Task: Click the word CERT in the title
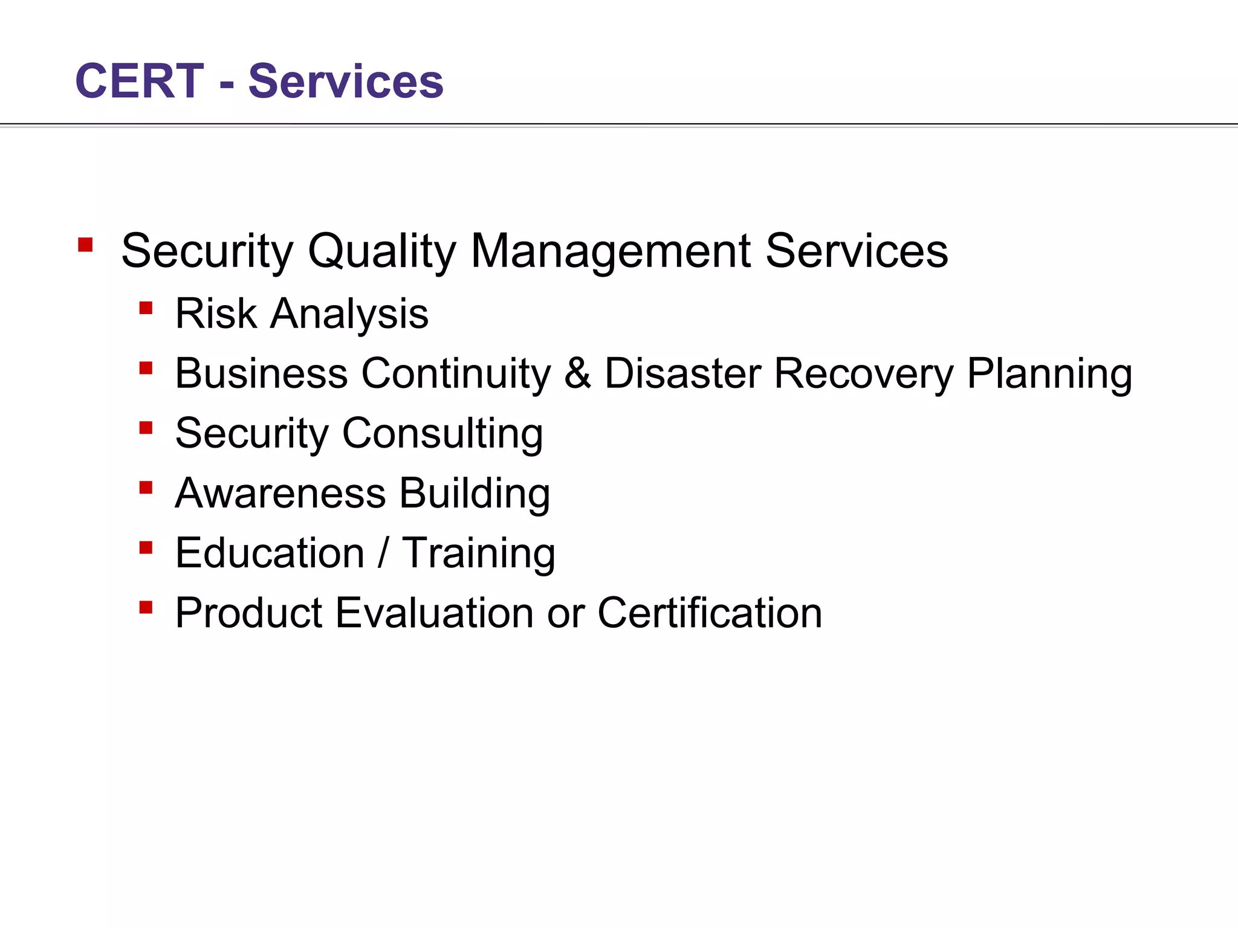140,81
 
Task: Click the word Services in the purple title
346,81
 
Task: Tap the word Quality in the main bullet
381,251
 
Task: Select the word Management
611,251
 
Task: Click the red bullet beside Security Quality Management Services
85,245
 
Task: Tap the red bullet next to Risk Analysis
146,309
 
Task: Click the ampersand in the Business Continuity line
577,373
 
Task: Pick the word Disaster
683,373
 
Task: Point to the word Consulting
442,434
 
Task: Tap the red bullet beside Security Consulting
146,428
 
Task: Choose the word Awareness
280,493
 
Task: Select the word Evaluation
434,613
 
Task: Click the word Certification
710,613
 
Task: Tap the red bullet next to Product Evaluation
146,607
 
